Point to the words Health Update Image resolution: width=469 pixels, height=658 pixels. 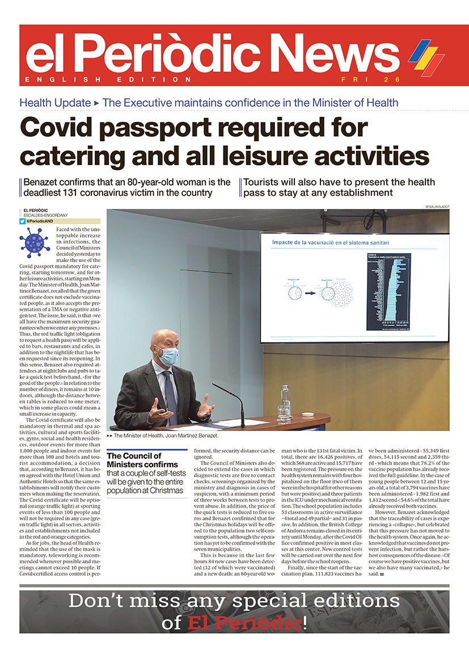click(55, 103)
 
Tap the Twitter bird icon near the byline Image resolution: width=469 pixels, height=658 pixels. click(23, 221)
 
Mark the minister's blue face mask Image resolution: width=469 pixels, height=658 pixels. click(168, 356)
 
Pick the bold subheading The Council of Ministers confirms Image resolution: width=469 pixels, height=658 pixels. click(134, 459)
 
